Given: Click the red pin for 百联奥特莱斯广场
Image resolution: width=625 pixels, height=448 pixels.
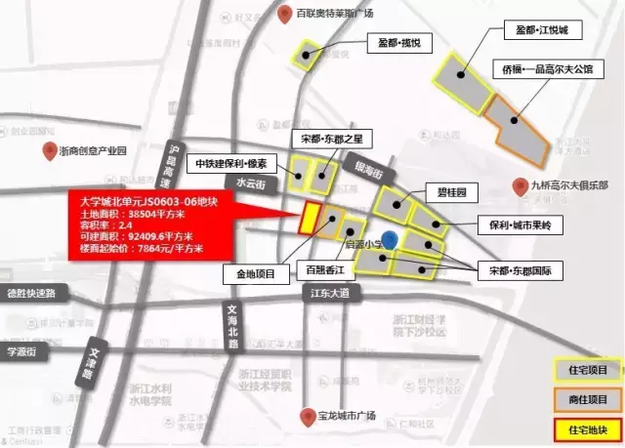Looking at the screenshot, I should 283,14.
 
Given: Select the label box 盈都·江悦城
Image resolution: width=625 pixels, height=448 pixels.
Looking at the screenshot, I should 546,30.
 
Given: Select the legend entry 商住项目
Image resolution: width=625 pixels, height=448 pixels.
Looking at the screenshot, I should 586,399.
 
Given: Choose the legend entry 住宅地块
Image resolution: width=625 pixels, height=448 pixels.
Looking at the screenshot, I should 586,428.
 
